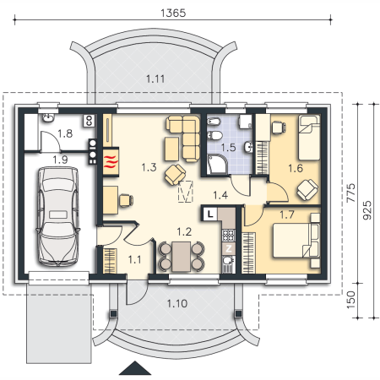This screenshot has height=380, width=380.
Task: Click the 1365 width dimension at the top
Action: click(173, 13)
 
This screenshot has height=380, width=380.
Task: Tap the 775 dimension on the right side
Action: click(350, 193)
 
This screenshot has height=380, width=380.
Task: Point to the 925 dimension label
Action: click(366, 210)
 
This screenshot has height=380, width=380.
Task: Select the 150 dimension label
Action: click(350, 300)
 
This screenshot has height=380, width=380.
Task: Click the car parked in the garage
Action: click(58, 216)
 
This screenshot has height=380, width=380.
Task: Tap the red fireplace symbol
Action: click(111, 162)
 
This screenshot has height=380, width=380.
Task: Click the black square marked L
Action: click(209, 214)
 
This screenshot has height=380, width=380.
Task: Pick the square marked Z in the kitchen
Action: click(229, 248)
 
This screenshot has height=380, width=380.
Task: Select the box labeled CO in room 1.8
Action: click(90, 121)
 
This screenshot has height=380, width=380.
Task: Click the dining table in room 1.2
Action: click(182, 257)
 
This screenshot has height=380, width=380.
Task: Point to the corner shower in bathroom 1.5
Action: click(217, 165)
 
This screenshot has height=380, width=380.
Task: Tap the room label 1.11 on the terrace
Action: click(155, 79)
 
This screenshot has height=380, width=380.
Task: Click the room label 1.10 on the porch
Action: click(177, 303)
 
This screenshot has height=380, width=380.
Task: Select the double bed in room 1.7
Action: click(296, 240)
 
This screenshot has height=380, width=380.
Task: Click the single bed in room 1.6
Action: click(309, 138)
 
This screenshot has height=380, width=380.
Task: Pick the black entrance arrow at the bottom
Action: click(135, 368)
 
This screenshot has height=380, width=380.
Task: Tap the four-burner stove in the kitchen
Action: click(229, 236)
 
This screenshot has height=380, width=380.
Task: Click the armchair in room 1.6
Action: click(307, 190)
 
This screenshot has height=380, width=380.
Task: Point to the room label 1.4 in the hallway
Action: click(220, 195)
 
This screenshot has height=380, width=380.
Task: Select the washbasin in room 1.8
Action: click(49, 118)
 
